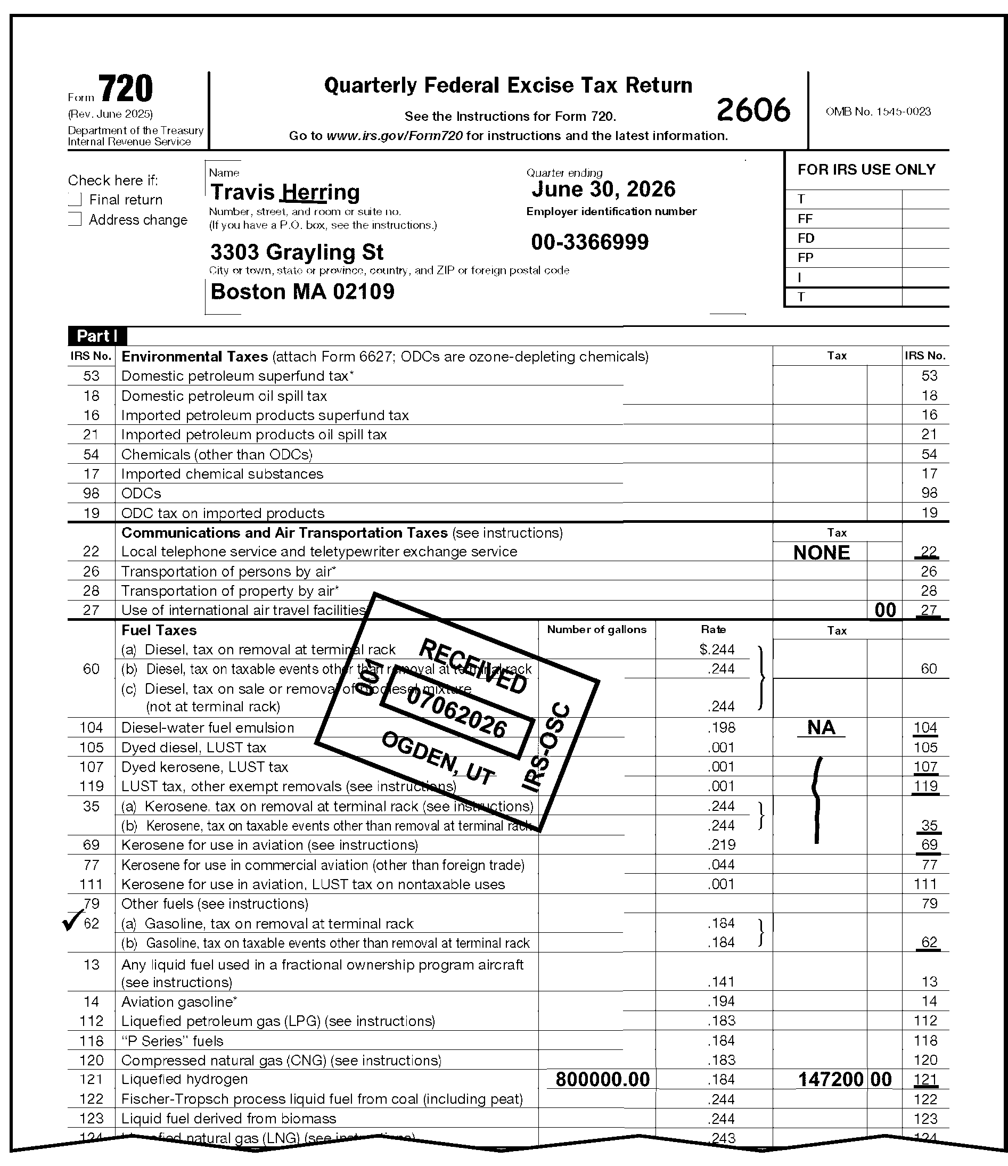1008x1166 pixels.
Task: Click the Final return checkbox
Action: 76,199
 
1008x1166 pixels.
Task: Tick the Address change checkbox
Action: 76,219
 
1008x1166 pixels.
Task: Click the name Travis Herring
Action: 285,192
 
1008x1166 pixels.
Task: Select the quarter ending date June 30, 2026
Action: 603,190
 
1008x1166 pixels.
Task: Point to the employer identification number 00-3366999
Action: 590,242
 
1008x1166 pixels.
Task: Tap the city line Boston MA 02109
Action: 302,292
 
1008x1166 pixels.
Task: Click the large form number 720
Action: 126,89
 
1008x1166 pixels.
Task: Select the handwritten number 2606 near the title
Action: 753,110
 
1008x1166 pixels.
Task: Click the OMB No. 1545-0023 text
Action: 878,111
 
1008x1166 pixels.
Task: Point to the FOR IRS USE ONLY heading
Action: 866,169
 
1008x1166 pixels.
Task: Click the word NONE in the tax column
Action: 821,553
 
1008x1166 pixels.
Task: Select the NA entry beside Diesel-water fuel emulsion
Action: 821,727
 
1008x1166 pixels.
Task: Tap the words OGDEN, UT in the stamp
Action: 438,758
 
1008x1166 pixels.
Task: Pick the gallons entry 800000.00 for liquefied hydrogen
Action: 602,1079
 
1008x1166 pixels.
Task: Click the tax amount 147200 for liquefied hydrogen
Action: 831,1079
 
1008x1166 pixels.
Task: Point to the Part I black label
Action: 97,336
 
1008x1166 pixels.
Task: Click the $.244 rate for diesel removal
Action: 717,650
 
